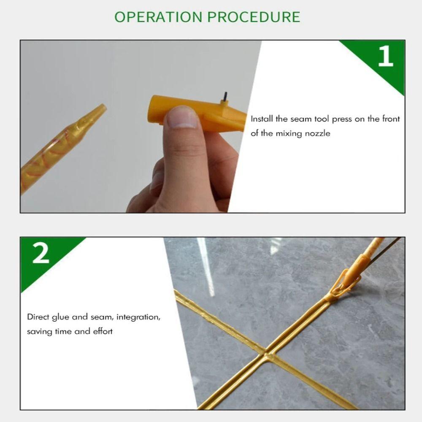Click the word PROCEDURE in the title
253,17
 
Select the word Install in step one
262,119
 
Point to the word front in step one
391,119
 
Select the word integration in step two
138,317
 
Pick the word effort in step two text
103,332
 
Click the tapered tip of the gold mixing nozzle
99,112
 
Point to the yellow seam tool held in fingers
194,112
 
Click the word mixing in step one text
289,134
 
